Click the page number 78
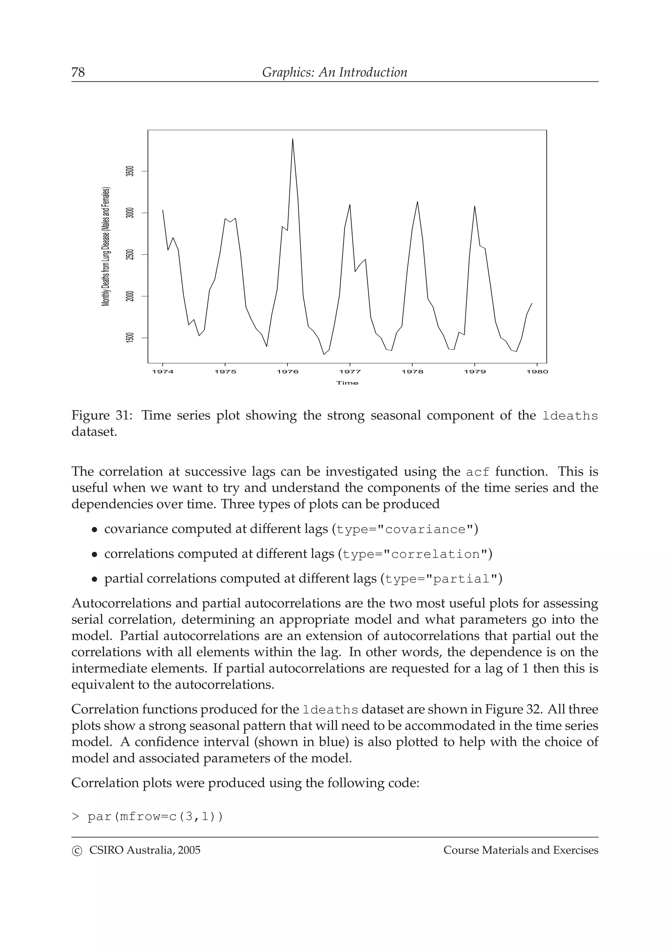pyautogui.click(x=78, y=72)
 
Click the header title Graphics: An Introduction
pyautogui.click(x=334, y=72)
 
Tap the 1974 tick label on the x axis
pyautogui.click(x=163, y=372)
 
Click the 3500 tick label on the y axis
pyautogui.click(x=131, y=171)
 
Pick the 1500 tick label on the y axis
pyautogui.click(x=131, y=338)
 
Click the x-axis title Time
pyautogui.click(x=347, y=383)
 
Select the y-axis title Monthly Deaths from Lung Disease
pyautogui.click(x=106, y=247)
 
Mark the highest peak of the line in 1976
pyautogui.click(x=293, y=139)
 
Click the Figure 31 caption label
pyautogui.click(x=101, y=415)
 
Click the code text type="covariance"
pyautogui.click(x=407, y=529)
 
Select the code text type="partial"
pyautogui.click(x=440, y=579)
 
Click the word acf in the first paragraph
pyautogui.click(x=478, y=472)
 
